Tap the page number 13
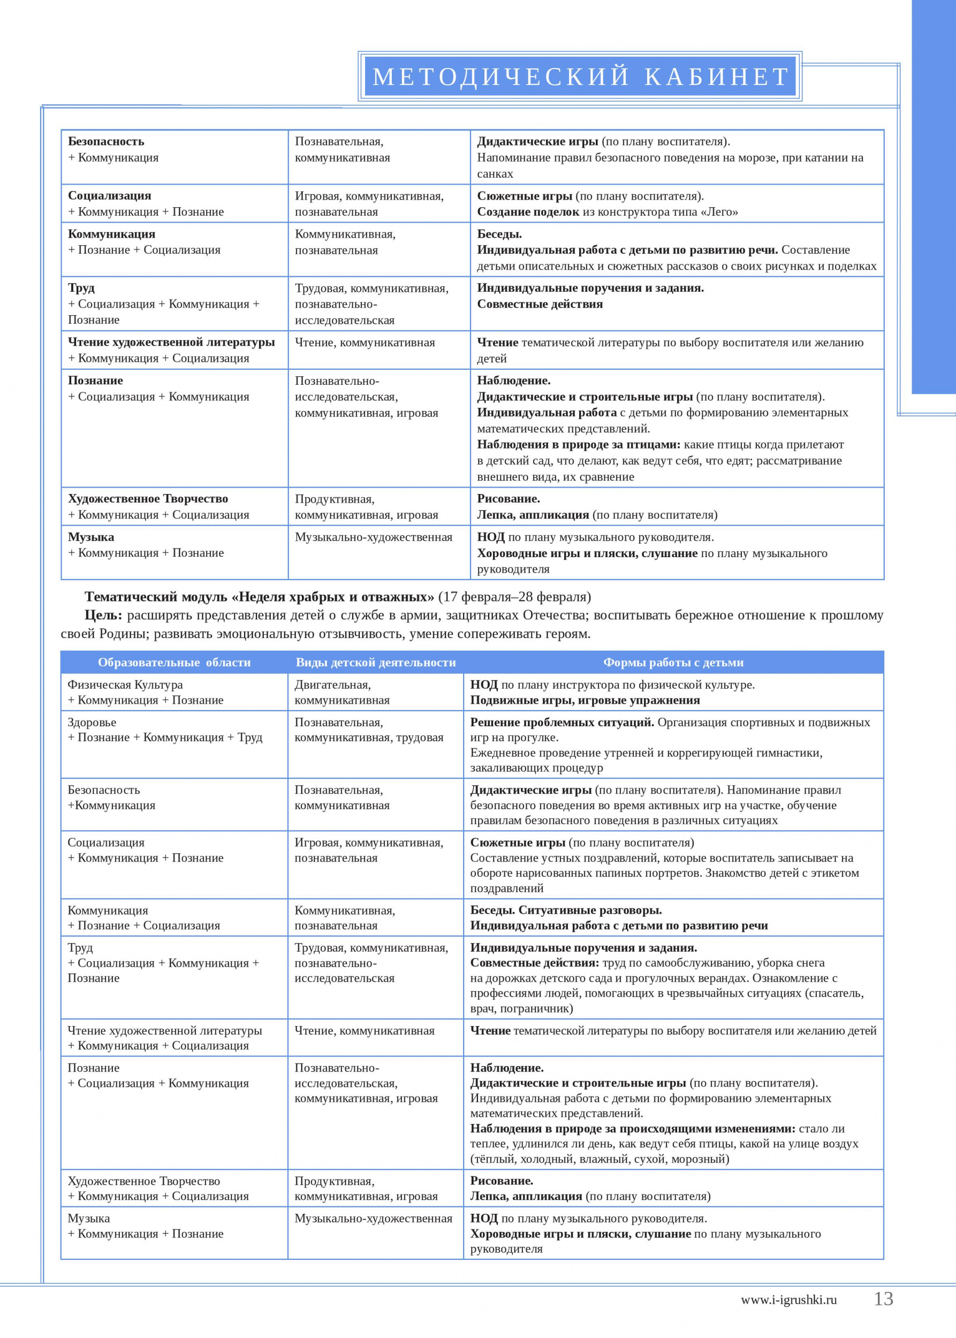(883, 1298)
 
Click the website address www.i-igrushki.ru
(788, 1300)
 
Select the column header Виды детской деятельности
(376, 662)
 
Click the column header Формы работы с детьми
(673, 662)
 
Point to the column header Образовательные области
(174, 662)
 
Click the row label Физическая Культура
(125, 685)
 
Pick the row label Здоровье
(92, 723)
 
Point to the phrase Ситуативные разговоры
(590, 910)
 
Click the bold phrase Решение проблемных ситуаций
(562, 723)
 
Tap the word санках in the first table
(495, 173)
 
